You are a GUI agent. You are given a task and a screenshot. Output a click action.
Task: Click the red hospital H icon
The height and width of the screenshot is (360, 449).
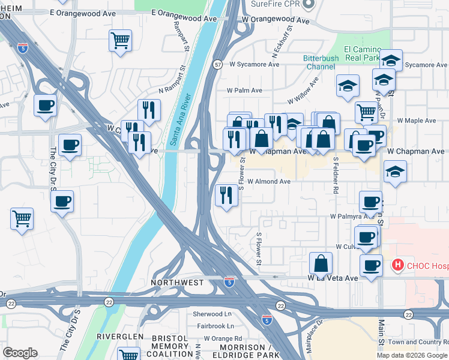pyautogui.click(x=397, y=265)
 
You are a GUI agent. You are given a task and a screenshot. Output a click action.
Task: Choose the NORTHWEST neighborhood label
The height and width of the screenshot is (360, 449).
pyautogui.click(x=177, y=282)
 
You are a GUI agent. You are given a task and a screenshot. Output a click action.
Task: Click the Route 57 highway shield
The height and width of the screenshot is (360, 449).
pyautogui.click(x=218, y=64)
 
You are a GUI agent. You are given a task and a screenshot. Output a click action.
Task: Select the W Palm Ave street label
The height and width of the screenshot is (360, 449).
pyautogui.click(x=244, y=91)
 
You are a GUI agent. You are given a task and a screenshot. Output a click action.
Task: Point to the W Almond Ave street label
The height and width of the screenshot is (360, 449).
pyautogui.click(x=268, y=181)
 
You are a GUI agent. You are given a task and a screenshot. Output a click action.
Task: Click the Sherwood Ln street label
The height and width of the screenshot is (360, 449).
pyautogui.click(x=212, y=314)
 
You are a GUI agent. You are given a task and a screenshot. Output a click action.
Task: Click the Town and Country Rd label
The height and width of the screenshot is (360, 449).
pyautogui.click(x=418, y=341)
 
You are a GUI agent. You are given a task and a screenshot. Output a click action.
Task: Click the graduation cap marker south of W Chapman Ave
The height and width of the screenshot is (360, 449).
pyautogui.click(x=395, y=172)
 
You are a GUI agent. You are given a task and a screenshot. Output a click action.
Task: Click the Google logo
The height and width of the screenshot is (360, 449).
pyautogui.click(x=20, y=353)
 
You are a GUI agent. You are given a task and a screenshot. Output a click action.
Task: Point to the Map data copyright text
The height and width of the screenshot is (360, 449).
pyautogui.click(x=412, y=355)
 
